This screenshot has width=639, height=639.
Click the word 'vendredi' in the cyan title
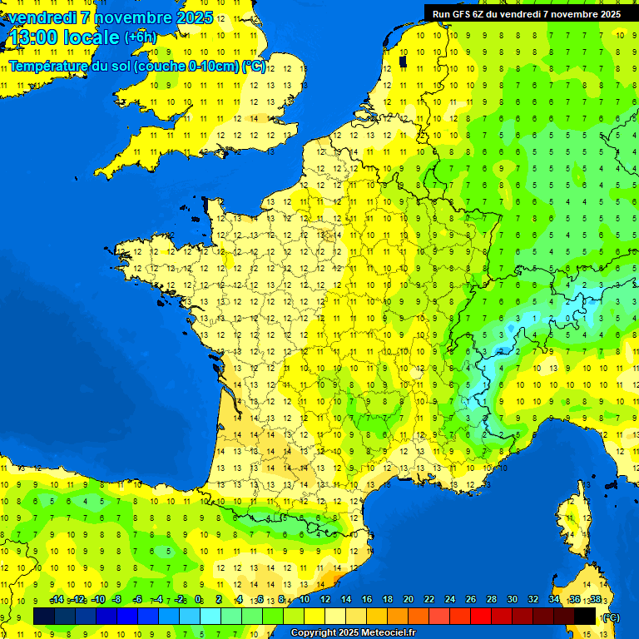pyautogui.click(x=42, y=17)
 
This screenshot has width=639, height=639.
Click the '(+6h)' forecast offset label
pyautogui.click(x=139, y=37)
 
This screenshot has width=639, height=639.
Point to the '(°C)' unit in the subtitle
pyautogui.click(x=254, y=67)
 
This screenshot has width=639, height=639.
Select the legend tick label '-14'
pyautogui.click(x=57, y=600)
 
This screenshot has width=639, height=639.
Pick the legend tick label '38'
pyautogui.click(x=596, y=600)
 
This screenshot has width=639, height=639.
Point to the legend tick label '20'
pyautogui.click(x=409, y=600)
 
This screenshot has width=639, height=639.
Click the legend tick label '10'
pyautogui.click(x=305, y=600)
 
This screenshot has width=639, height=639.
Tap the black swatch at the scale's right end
pyautogui.click(x=585, y=616)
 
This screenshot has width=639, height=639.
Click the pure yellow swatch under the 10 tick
pyautogui.click(x=315, y=616)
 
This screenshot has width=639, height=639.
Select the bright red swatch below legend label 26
pyautogui.click(x=481, y=616)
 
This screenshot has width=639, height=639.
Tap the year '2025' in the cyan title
pyautogui.click(x=193, y=17)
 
